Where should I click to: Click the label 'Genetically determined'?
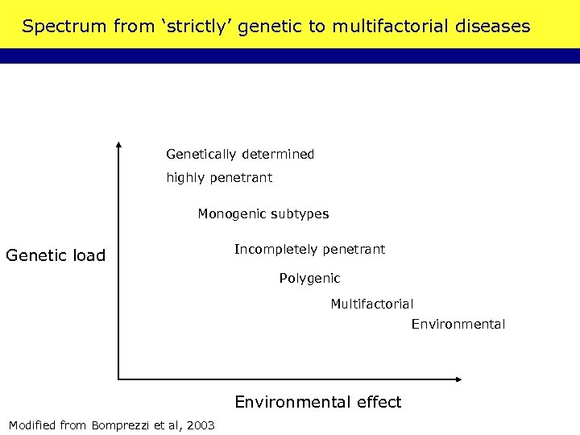point(240,154)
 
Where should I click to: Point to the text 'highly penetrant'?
point(219,177)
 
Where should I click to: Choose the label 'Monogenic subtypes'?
point(263,214)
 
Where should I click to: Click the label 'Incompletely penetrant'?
point(309,250)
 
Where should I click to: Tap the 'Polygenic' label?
point(309,279)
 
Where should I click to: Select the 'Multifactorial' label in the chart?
point(371,304)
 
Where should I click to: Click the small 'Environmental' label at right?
point(458,325)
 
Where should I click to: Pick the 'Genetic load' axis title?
point(56,256)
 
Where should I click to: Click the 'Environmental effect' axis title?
point(317,402)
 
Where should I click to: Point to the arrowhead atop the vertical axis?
point(118,146)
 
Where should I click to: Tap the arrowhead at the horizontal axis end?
point(459,378)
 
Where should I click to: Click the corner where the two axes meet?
point(118,378)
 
